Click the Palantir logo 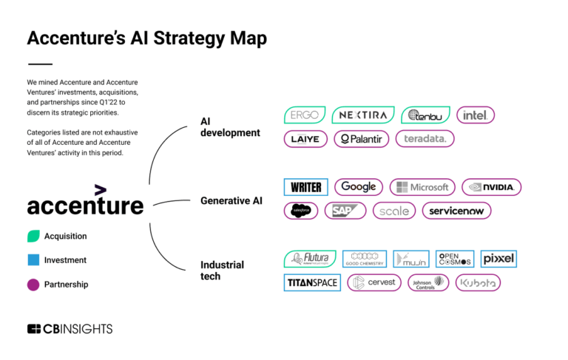pos(361,138)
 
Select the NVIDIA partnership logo pos(491,187)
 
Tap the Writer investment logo pos(305,187)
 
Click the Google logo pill pos(359,187)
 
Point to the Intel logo pos(475,115)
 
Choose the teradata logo pos(425,138)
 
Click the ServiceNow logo pos(456,211)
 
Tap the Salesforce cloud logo pos(301,211)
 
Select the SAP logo pos(345,211)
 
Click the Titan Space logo pos(312,282)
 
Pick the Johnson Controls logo pos(427,282)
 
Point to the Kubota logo pos(478,282)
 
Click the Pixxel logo pos(498,259)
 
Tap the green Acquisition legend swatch pos(33,237)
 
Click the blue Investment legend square pos(33,260)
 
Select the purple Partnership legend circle pos(33,284)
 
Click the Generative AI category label pos(231,200)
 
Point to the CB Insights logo pos(70,329)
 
